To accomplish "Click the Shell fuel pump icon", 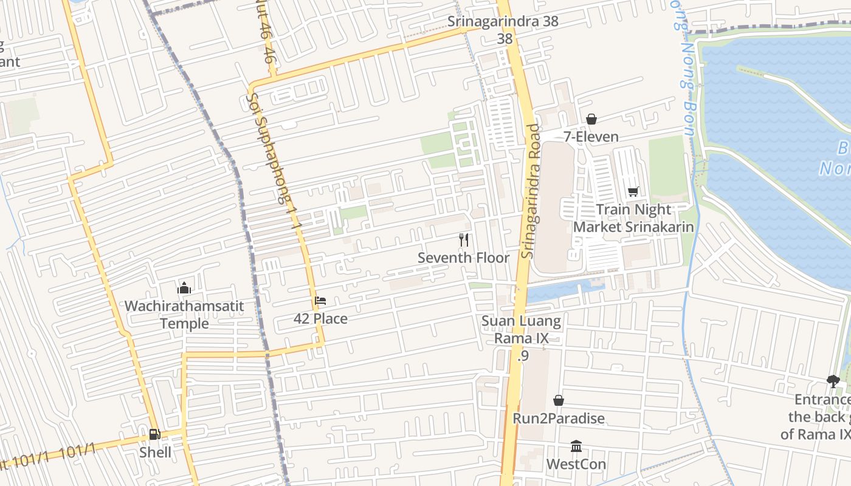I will pos(154,434).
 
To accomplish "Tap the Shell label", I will pos(155,452).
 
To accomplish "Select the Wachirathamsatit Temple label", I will pos(184,314).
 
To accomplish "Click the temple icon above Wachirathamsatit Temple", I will pos(184,288).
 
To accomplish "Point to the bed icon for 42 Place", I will pos(320,301).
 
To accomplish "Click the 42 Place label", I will pos(320,318).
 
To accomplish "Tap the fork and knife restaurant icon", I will pos(464,240).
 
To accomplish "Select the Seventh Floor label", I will pos(464,258).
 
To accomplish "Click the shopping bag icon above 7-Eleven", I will pos(591,119).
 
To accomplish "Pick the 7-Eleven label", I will pos(591,137).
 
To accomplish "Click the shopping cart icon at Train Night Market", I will pos(633,192).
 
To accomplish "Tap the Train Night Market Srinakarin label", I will pos(633,218).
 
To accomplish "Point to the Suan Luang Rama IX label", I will pos(522,329).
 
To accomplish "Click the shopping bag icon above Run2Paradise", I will pos(558,400).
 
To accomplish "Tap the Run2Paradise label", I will pos(559,418).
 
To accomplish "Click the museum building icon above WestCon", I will pos(576,447).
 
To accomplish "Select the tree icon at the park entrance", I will pos(833,382).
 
